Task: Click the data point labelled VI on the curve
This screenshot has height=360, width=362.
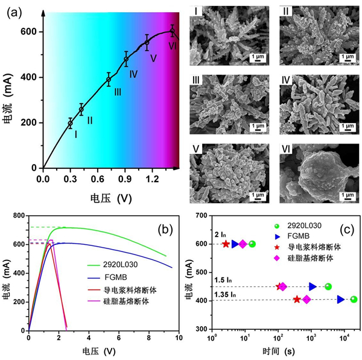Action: tap(172, 31)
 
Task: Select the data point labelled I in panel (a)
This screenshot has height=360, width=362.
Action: tap(71, 123)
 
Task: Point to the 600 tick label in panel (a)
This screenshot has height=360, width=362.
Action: tap(28, 31)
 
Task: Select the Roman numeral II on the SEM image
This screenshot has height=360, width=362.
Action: tap(287, 11)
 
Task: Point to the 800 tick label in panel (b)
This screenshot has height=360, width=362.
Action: tap(17, 216)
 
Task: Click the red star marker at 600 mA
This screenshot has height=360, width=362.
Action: tap(226, 244)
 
